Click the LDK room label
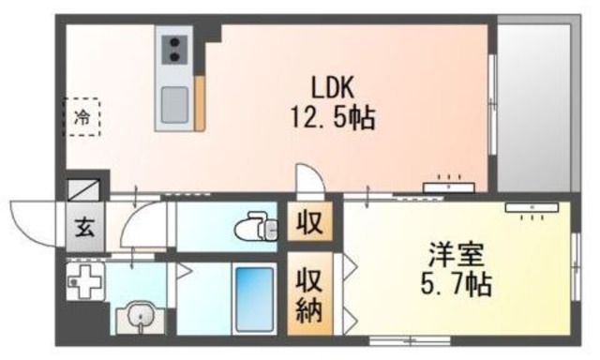coord(332,86)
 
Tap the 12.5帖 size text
coord(332,118)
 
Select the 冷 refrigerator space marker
coord(82,118)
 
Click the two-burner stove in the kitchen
coord(174,50)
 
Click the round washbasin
coord(138,315)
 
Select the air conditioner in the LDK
coord(448,186)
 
